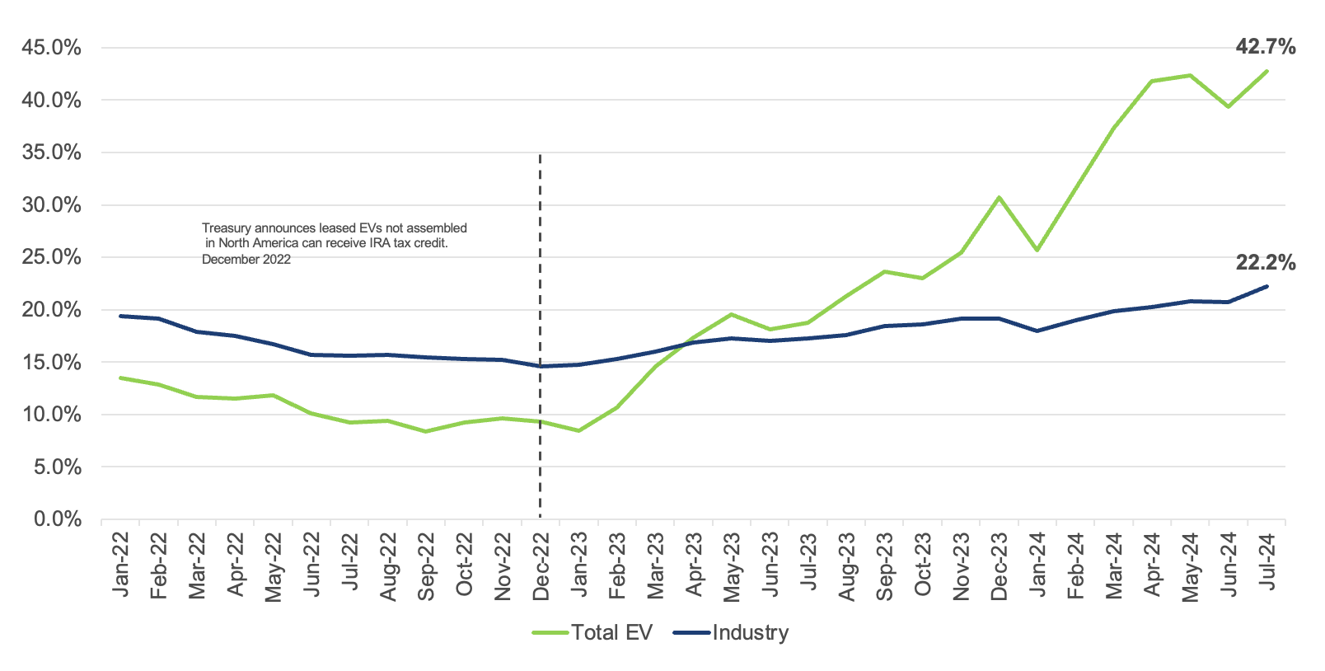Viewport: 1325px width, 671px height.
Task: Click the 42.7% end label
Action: [1265, 47]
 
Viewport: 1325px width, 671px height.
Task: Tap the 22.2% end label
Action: [1265, 263]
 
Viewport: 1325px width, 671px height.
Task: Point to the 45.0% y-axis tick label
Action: [51, 48]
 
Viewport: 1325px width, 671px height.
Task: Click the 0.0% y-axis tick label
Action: [57, 519]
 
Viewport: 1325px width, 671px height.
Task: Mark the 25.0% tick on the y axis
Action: [51, 257]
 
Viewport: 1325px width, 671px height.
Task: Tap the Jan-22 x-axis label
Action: [121, 565]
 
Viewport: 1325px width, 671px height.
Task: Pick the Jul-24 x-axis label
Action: [1267, 561]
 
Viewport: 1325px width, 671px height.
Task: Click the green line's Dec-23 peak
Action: [999, 198]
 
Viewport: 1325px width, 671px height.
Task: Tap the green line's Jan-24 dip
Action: [1037, 250]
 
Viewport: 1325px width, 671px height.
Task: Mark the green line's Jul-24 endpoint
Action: [1266, 71]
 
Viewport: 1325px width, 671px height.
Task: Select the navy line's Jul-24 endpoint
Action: [1266, 286]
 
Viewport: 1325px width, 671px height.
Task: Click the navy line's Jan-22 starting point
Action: [121, 316]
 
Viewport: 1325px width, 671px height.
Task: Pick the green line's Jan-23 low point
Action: [579, 430]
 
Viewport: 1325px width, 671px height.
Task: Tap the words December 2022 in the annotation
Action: [246, 260]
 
